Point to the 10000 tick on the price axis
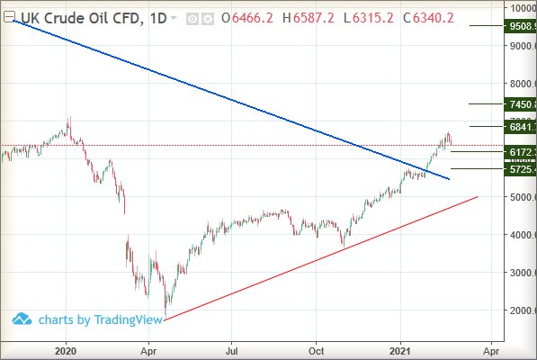(x=522, y=8)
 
